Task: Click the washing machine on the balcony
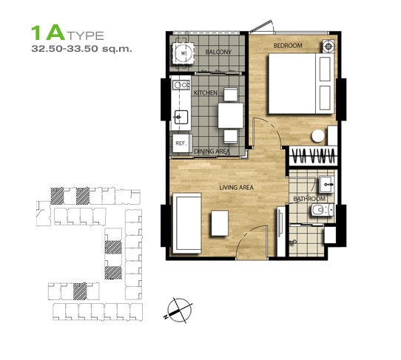[x=183, y=53]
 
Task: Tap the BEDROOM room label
[x=288, y=46]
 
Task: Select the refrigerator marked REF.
[x=181, y=143]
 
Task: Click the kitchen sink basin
[x=181, y=118]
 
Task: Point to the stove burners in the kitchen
[x=181, y=84]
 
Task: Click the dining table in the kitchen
[x=231, y=115]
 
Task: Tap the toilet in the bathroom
[x=323, y=210]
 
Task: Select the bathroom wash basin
[x=326, y=184]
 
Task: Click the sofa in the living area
[x=187, y=223]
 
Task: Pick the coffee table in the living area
[x=220, y=223]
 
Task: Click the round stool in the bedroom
[x=318, y=136]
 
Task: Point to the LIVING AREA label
[x=237, y=188]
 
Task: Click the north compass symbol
[x=179, y=309]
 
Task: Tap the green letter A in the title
[x=55, y=33]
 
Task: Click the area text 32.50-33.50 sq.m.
[x=81, y=49]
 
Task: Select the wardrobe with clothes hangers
[x=313, y=155]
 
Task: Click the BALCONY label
[x=218, y=52]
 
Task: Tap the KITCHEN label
[x=206, y=92]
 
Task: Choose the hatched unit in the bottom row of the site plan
[x=80, y=291]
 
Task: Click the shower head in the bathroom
[x=293, y=242]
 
